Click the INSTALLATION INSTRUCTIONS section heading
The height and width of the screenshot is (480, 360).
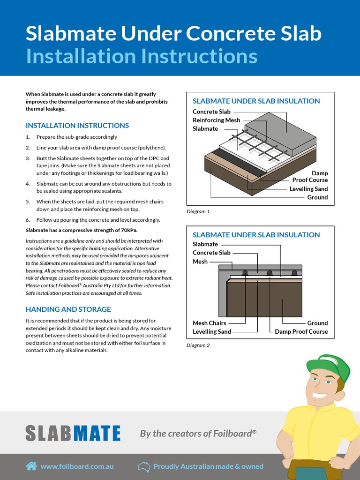(x=77, y=126)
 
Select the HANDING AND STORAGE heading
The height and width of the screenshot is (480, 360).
(x=68, y=309)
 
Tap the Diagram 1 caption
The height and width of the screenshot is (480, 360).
(x=198, y=211)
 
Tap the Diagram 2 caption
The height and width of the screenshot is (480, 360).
(x=198, y=345)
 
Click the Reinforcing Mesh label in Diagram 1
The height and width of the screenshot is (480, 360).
(x=216, y=120)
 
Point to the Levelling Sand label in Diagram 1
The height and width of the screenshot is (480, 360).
(x=308, y=189)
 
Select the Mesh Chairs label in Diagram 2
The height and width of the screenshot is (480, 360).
(x=209, y=323)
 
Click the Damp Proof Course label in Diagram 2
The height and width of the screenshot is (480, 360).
(x=301, y=331)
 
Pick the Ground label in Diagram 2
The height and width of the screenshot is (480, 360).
(x=317, y=323)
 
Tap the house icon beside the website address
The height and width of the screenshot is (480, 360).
(x=31, y=466)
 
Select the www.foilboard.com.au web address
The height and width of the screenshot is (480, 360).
(x=77, y=466)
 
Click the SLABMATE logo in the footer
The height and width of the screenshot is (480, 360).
(x=73, y=433)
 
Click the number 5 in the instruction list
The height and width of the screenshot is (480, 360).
(x=28, y=202)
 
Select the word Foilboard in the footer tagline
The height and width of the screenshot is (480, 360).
(x=232, y=434)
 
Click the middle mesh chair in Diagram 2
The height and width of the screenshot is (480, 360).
(x=270, y=272)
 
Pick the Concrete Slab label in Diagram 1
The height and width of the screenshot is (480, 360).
(x=211, y=112)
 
